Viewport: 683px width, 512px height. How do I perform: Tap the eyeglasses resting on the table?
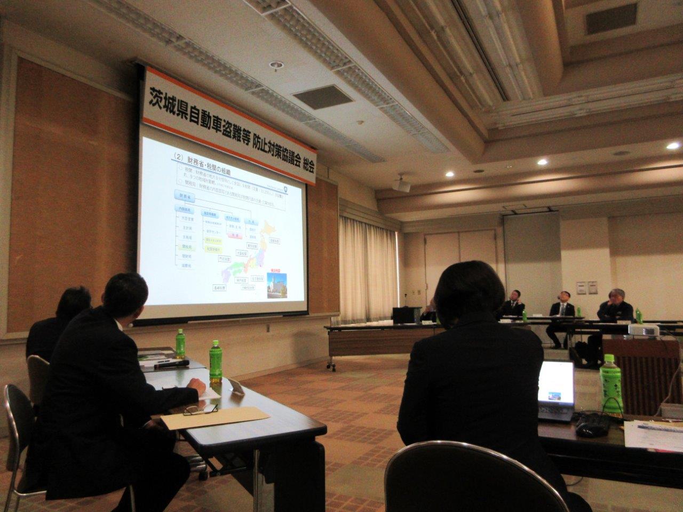(201, 410)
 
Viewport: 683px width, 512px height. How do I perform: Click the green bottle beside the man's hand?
(215, 363)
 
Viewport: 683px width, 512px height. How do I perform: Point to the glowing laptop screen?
(555, 384)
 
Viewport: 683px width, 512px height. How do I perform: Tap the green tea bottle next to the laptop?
(611, 385)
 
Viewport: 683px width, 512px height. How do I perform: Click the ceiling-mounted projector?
(401, 184)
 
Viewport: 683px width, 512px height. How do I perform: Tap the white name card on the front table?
(237, 388)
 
